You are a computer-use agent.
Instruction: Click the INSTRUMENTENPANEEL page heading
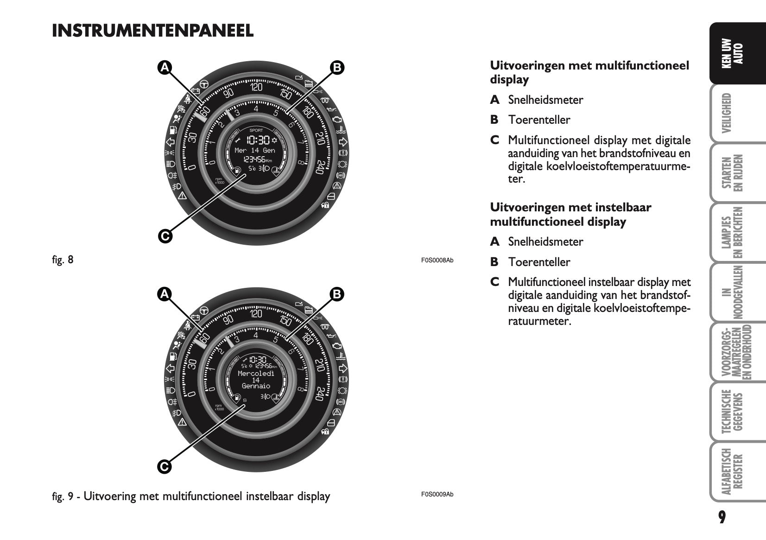point(153,31)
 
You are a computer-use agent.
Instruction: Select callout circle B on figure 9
point(337,294)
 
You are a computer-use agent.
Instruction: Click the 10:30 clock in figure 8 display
point(258,140)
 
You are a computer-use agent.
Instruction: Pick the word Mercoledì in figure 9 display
point(256,373)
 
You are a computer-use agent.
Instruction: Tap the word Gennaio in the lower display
point(256,386)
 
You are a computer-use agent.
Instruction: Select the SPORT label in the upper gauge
point(256,130)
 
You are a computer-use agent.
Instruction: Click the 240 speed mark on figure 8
point(319,167)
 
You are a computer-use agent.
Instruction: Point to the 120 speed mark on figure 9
point(256,314)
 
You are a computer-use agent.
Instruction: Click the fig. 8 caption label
point(63,260)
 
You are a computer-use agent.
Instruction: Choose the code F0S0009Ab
point(437,494)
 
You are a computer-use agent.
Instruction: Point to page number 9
point(722,517)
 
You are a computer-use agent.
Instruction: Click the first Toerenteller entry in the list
point(539,120)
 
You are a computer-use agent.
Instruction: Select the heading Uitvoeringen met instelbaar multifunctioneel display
point(570,214)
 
